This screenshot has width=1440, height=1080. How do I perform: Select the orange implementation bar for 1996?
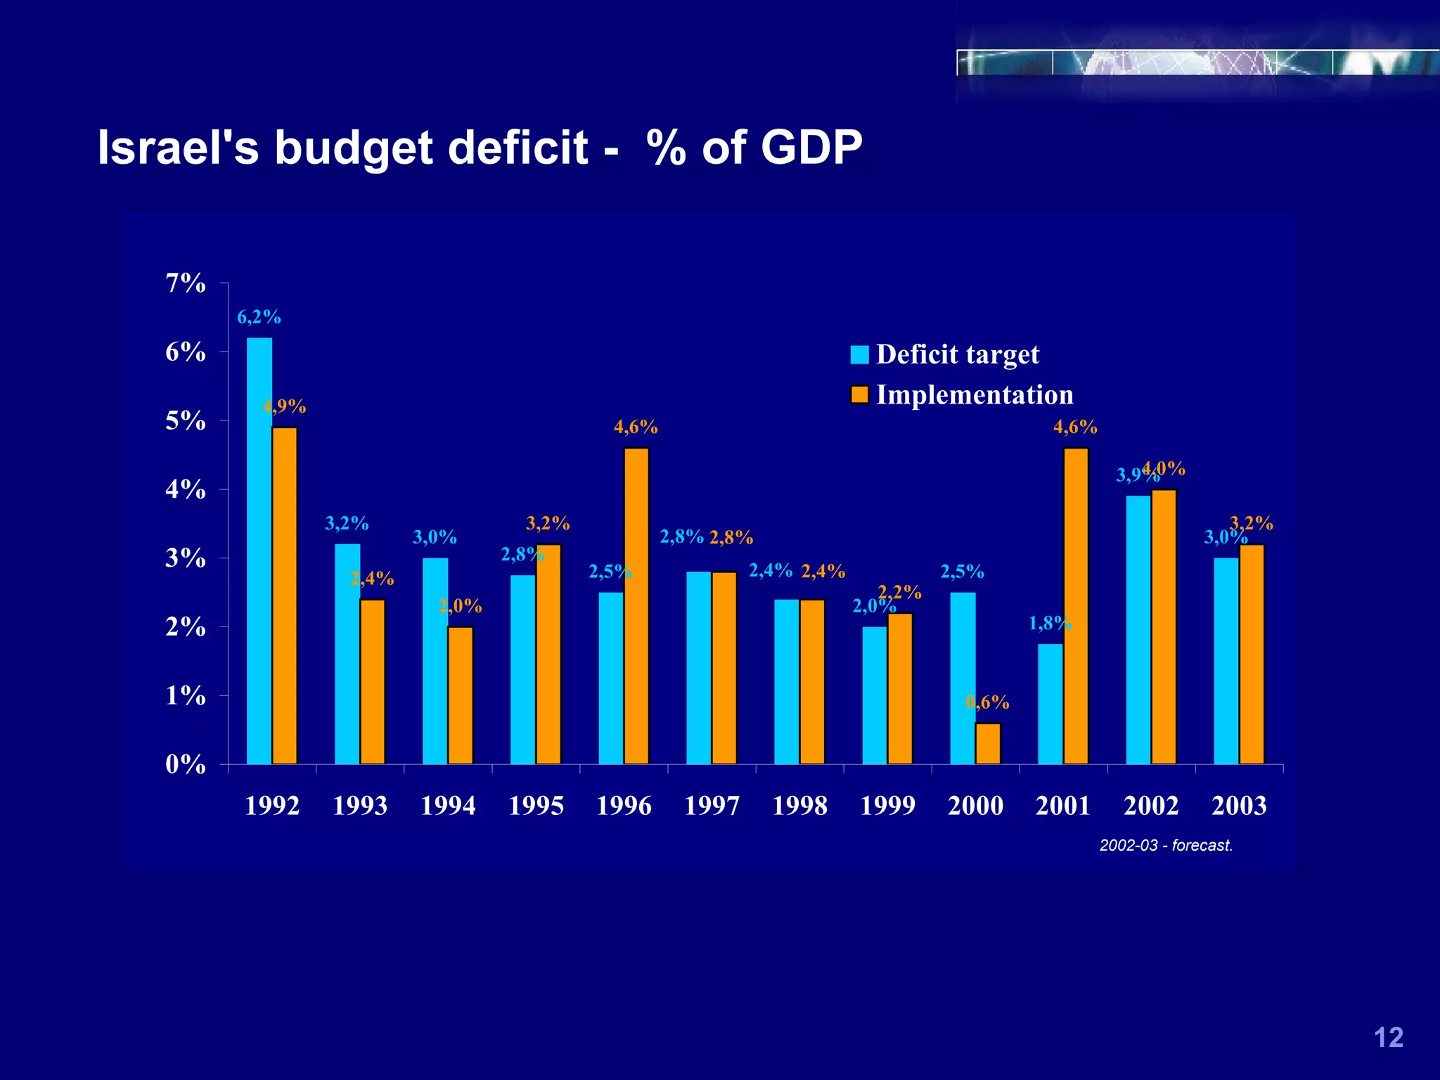click(x=636, y=605)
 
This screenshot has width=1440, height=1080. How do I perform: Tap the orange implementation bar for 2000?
click(x=988, y=743)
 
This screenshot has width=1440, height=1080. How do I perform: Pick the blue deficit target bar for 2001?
click(x=1050, y=704)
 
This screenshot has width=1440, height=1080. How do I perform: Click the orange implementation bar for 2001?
click(x=1076, y=605)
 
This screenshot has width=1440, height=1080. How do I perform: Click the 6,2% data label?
click(x=259, y=318)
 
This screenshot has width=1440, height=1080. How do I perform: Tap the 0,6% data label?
click(x=988, y=702)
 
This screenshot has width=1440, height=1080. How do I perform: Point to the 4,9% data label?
click(x=284, y=406)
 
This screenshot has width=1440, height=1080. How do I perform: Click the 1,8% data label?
click(x=1050, y=623)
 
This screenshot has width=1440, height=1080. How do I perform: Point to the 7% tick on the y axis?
click(x=186, y=283)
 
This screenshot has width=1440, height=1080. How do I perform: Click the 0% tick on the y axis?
click(x=186, y=764)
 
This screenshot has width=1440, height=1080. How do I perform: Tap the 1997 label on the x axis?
click(x=712, y=806)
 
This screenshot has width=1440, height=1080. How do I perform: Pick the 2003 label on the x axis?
click(x=1239, y=806)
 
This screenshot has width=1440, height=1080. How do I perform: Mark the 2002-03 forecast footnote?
click(x=1166, y=845)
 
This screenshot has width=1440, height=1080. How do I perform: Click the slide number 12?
click(x=1388, y=1038)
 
